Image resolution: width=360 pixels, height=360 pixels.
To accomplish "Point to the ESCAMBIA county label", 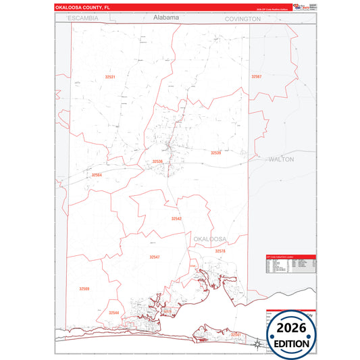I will (x=82, y=18).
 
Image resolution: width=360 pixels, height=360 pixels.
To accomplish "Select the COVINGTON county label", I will (x=242, y=20).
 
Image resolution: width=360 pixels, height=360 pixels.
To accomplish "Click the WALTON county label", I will (x=282, y=160).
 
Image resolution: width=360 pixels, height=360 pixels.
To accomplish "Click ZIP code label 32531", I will (x=110, y=77).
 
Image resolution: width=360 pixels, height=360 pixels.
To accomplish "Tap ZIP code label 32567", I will (x=256, y=77).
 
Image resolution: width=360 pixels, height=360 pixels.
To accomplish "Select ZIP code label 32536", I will (x=157, y=161).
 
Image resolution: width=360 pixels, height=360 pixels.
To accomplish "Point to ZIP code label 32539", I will (x=215, y=153).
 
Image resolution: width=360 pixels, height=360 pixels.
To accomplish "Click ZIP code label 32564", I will (x=97, y=175).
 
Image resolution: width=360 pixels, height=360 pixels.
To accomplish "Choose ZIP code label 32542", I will (x=176, y=219).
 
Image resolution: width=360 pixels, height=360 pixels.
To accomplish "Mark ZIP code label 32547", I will (x=155, y=257).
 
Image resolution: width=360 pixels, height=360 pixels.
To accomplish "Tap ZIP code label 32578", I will (x=220, y=251).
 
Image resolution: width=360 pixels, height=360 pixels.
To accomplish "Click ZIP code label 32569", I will (x=84, y=289).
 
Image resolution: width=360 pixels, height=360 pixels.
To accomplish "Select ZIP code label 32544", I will (x=114, y=313).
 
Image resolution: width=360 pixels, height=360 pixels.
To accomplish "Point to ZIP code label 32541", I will (x=236, y=334).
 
